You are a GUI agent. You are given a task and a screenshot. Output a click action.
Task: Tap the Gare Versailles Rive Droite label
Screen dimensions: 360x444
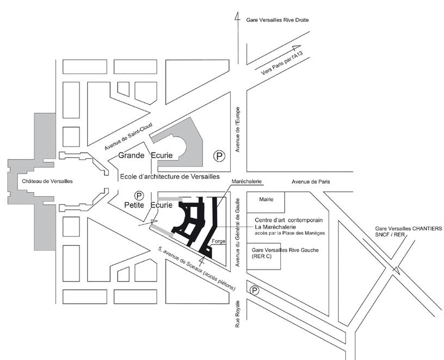coord(281,20)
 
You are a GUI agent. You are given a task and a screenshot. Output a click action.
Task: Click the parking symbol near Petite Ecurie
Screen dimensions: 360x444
coord(139,195)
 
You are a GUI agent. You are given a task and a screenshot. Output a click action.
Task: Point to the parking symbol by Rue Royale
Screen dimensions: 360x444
coord(254,291)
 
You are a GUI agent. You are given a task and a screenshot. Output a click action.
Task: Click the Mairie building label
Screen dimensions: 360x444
coord(266,199)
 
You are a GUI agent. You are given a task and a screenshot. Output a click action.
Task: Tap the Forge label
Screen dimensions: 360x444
coord(218,241)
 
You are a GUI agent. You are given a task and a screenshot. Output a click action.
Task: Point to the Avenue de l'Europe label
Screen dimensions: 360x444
coord(237,136)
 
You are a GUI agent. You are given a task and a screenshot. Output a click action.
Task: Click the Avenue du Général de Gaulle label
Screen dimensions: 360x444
coord(237,229)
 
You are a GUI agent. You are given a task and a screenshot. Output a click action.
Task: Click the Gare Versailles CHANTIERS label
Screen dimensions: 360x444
coord(407,228)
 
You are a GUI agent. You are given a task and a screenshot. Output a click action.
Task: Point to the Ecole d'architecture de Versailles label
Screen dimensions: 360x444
coord(170,176)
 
